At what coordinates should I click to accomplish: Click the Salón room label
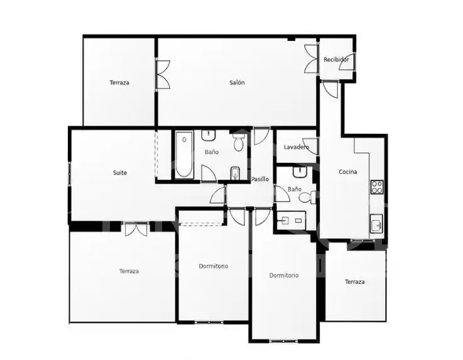tap(237, 83)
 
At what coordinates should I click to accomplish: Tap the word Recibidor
tap(336, 60)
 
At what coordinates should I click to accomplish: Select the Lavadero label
tap(296, 147)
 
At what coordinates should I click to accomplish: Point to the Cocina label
tap(347, 172)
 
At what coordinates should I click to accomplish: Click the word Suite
tap(120, 173)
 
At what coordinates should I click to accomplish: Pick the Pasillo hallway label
tap(260, 179)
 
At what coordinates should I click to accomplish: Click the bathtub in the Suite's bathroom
tap(184, 155)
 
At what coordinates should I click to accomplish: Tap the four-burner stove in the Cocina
tap(377, 187)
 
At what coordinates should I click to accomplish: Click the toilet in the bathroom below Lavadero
tap(308, 197)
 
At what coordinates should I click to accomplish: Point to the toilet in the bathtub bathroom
tap(238, 143)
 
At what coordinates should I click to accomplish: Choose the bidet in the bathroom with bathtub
tap(235, 173)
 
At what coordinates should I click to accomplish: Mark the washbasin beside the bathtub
tap(209, 135)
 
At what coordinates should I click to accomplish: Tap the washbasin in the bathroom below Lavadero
tap(300, 172)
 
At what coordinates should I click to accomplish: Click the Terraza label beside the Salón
tap(119, 83)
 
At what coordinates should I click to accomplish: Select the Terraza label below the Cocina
tap(355, 281)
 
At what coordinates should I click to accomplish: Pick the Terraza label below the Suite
tap(129, 271)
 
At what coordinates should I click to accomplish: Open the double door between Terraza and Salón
tap(163, 74)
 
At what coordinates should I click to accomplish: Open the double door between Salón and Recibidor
tap(311, 59)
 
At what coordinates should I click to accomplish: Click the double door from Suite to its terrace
tap(136, 229)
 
